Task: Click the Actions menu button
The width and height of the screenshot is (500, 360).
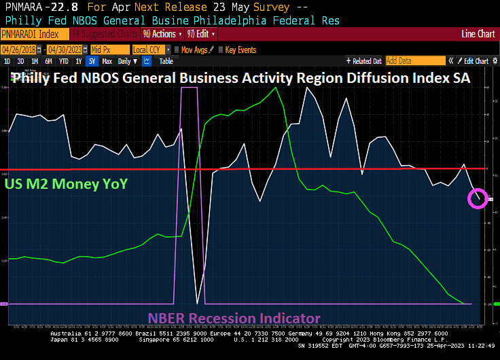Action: pos(162,34)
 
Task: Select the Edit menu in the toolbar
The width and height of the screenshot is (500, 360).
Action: pos(202,34)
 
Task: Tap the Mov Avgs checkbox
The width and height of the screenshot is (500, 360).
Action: pos(176,50)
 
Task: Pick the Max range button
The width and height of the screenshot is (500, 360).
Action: pos(107,60)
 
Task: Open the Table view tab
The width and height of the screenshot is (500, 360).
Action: pos(166,60)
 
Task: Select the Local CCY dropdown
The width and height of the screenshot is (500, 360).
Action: pos(149,50)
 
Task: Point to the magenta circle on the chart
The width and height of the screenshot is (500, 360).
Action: pos(478,198)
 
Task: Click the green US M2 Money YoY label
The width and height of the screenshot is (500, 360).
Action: pos(66,183)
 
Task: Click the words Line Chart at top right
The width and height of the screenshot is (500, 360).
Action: pos(478,33)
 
